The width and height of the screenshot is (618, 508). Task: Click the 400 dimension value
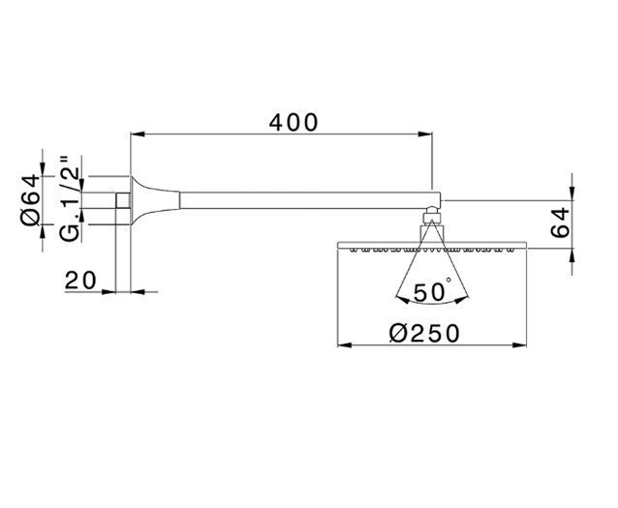(294, 123)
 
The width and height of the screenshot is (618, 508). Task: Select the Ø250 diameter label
(422, 332)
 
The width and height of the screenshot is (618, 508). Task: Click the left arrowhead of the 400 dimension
(137, 135)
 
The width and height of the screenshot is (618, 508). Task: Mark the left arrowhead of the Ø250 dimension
(342, 344)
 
